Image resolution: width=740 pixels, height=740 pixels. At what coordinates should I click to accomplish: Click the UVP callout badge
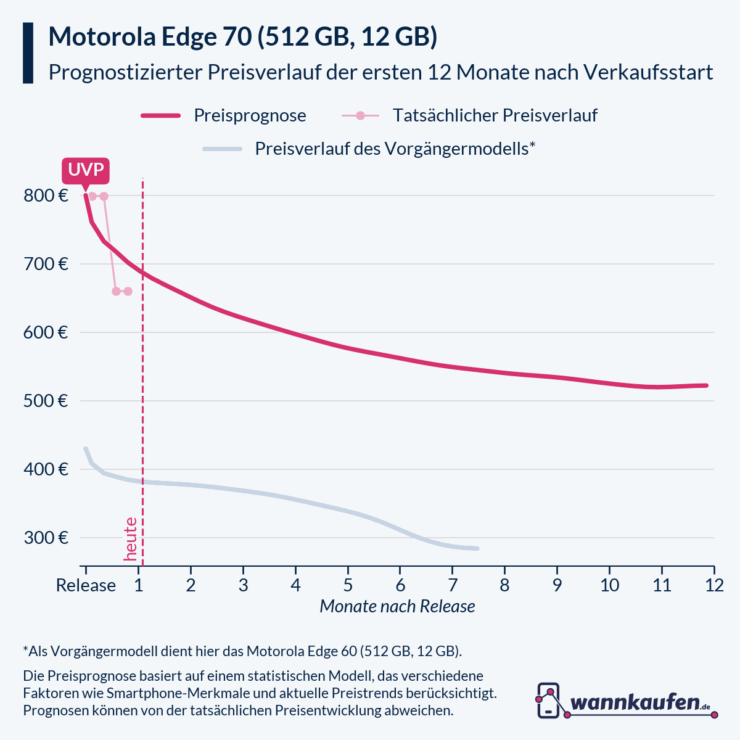85,170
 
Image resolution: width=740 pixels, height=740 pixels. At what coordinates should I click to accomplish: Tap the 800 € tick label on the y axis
46,196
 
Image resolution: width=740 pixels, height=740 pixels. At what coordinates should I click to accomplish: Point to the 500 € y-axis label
46,401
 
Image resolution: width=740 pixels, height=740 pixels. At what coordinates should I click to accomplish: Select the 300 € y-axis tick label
46,538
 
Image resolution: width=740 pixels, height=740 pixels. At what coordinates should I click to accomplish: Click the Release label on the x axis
86,585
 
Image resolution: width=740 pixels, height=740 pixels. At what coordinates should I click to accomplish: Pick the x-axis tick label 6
400,585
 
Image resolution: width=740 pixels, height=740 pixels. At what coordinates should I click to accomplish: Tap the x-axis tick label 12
714,585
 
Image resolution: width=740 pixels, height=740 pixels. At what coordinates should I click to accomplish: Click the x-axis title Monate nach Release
397,607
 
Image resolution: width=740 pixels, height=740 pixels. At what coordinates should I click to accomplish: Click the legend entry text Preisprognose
250,116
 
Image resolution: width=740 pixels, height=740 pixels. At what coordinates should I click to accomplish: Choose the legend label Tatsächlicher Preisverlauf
495,116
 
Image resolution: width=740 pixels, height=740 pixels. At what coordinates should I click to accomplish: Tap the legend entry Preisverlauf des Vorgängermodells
395,149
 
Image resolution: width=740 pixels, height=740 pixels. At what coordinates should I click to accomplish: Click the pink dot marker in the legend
361,116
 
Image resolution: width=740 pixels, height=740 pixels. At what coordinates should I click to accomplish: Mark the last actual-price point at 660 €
128,291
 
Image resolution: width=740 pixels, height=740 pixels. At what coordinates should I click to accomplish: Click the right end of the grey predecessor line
477,548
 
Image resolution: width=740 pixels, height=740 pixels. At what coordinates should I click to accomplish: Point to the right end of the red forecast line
706,385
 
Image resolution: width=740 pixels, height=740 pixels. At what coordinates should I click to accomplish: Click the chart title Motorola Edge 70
242,37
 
